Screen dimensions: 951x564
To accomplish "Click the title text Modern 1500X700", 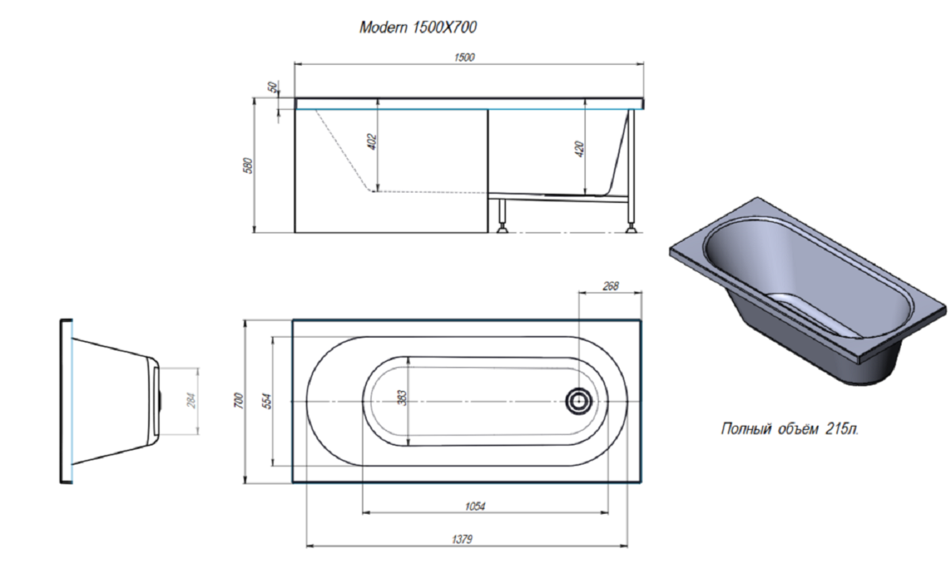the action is [x=418, y=28].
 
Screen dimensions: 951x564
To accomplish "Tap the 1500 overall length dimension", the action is [x=464, y=57].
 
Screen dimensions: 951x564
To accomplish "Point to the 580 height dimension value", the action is [x=248, y=166].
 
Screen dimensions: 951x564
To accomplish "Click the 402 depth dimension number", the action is [x=372, y=142].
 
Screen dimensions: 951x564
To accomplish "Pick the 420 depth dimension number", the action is [x=579, y=149].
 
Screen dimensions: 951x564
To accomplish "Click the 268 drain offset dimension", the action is [x=610, y=286].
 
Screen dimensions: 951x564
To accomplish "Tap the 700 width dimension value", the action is [x=239, y=401].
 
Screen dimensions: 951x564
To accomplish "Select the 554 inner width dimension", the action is [x=268, y=401].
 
